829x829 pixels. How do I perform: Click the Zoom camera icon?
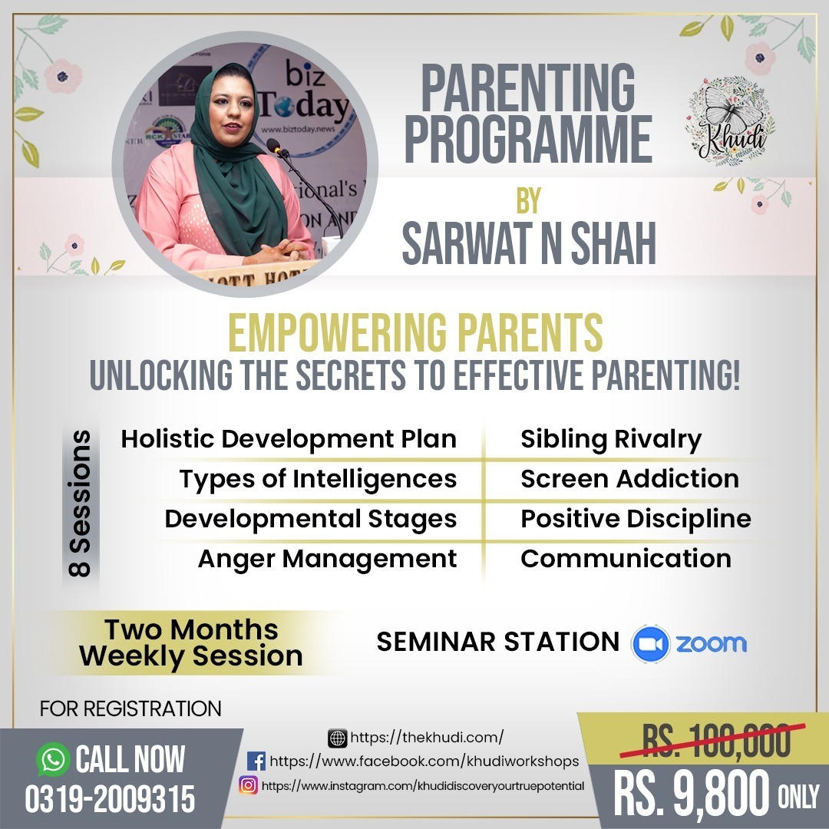pyautogui.click(x=650, y=643)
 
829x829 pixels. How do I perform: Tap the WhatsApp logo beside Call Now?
pyautogui.click(x=53, y=759)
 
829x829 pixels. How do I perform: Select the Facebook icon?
pyautogui.click(x=256, y=761)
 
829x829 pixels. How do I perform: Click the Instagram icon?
pyautogui.click(x=248, y=785)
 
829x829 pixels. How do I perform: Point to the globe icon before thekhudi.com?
pyautogui.click(x=337, y=738)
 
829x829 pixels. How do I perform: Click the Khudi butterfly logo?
pyautogui.click(x=730, y=121)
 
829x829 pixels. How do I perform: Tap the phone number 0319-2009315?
pyautogui.click(x=110, y=798)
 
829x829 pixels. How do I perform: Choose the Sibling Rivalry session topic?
pyautogui.click(x=611, y=439)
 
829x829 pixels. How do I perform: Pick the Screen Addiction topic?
pyautogui.click(x=629, y=478)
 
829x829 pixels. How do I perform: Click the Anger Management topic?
pyautogui.click(x=327, y=559)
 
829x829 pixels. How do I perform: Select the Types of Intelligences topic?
pyautogui.click(x=319, y=479)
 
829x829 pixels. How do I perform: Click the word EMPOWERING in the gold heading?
pyautogui.click(x=337, y=332)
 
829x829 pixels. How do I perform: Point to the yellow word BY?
pyautogui.click(x=529, y=201)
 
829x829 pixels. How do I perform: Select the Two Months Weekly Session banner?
pyautogui.click(x=191, y=643)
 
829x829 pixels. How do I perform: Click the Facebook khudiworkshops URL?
pyautogui.click(x=424, y=761)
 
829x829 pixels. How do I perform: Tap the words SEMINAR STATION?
pyautogui.click(x=497, y=642)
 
